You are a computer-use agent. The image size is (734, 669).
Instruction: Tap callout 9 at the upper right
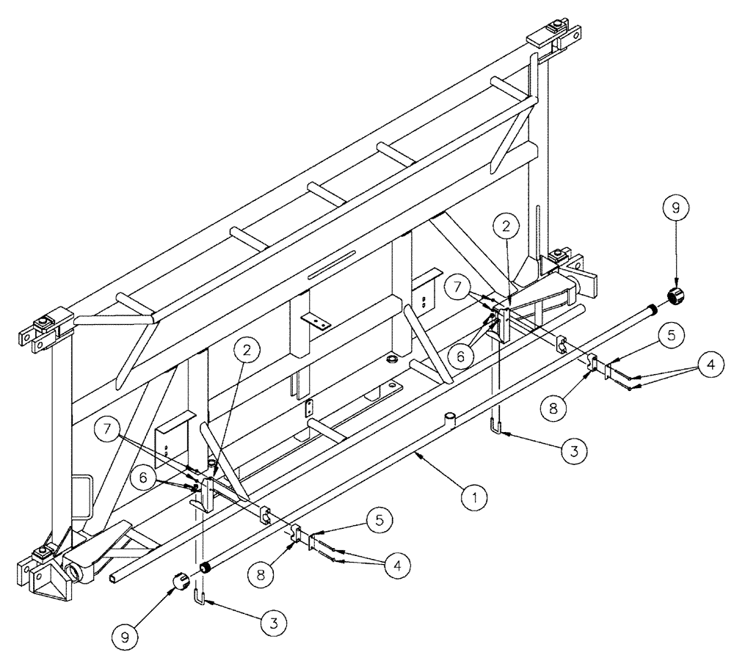(x=676, y=208)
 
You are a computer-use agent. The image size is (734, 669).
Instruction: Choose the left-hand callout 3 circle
(x=273, y=624)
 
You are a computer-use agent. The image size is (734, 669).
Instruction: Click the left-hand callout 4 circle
(x=397, y=564)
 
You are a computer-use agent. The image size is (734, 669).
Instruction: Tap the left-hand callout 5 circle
(x=378, y=520)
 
